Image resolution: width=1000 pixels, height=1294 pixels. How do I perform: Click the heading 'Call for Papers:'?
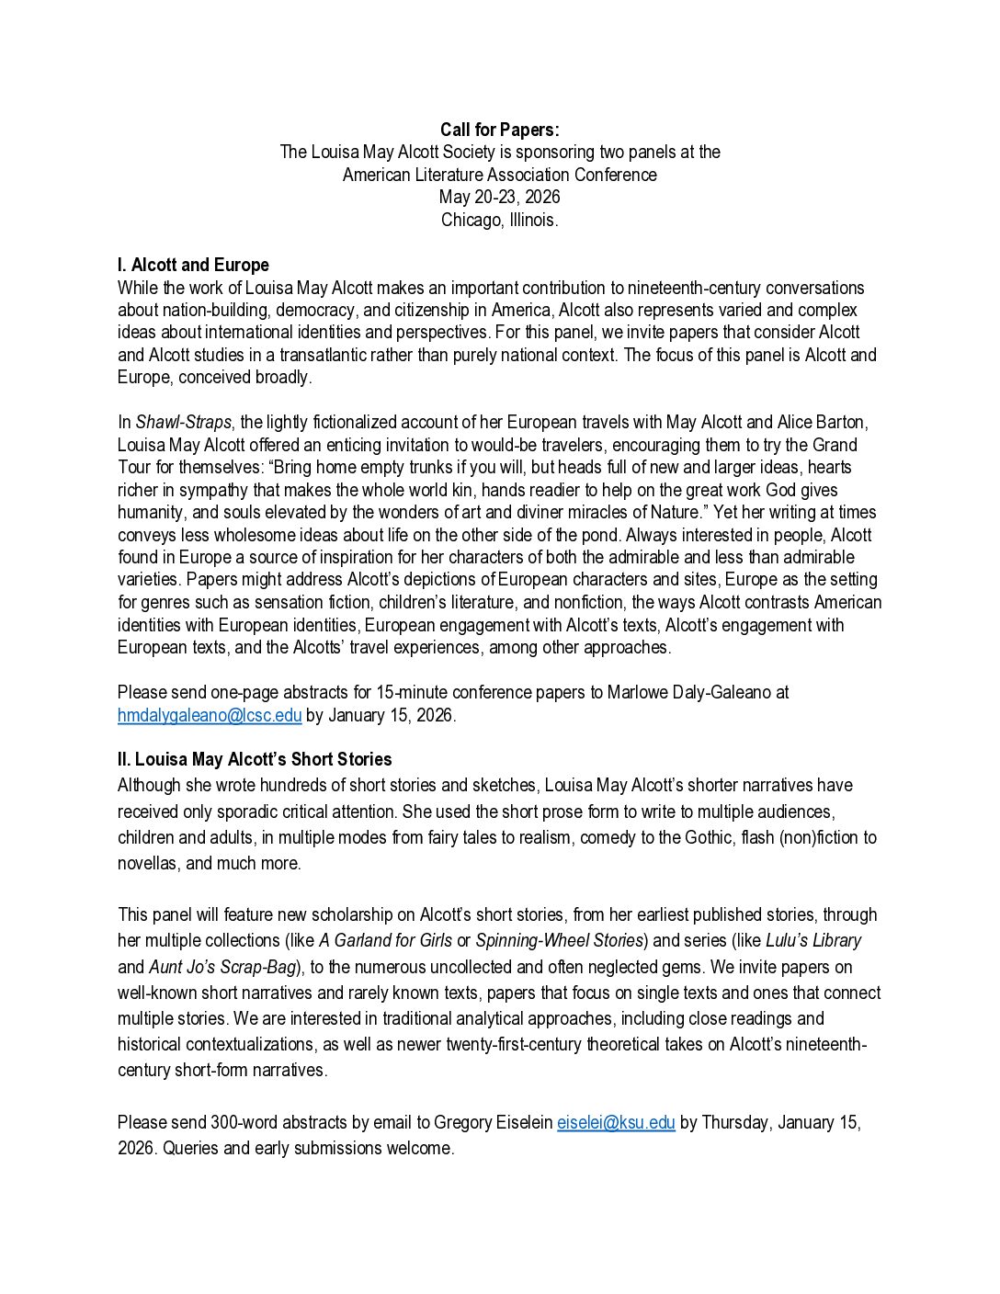(x=499, y=131)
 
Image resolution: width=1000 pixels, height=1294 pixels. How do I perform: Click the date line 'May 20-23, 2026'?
(x=499, y=198)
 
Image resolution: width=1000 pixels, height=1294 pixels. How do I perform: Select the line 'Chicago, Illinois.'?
(x=499, y=220)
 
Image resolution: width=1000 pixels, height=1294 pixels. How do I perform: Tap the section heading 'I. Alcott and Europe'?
(x=193, y=266)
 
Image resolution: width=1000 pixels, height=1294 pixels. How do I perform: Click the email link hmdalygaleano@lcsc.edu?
(x=210, y=715)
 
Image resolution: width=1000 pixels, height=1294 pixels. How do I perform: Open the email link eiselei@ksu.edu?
(x=616, y=1122)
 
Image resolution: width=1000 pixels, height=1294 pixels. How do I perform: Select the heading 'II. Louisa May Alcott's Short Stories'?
(x=255, y=759)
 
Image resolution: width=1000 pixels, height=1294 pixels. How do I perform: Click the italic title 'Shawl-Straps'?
(x=184, y=423)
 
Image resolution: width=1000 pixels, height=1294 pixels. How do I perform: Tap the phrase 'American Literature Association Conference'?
(x=499, y=175)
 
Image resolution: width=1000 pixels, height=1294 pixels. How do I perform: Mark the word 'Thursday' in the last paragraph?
(x=735, y=1122)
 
